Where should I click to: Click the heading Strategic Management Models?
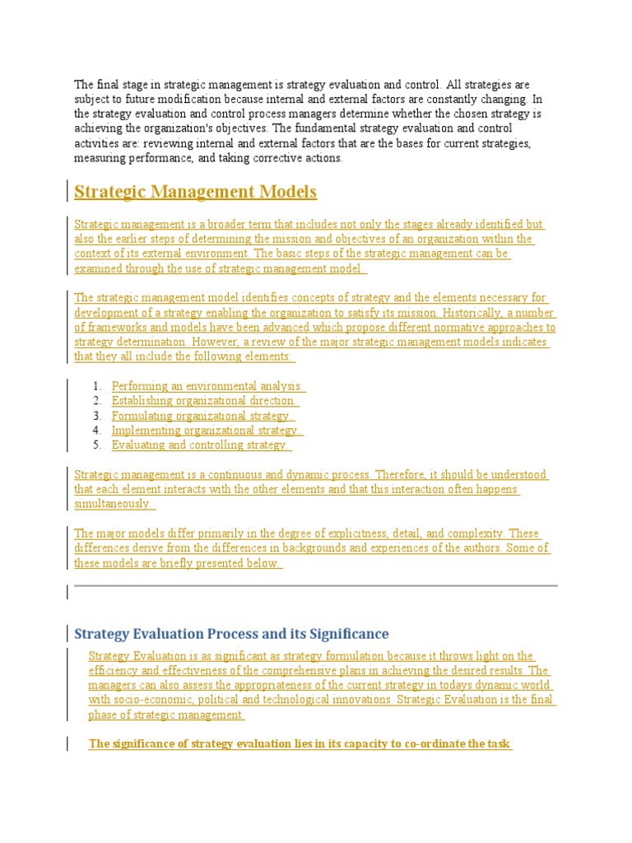tap(195, 192)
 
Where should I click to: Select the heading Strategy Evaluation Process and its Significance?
tap(231, 634)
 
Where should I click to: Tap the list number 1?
tap(96, 386)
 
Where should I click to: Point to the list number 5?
tap(96, 445)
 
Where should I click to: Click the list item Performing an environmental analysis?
tap(208, 386)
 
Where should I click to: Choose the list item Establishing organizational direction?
tap(204, 401)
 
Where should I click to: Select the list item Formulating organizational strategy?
tap(202, 416)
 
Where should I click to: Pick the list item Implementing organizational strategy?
tap(207, 431)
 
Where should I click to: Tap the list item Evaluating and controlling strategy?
tap(201, 445)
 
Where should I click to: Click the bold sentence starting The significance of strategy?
tap(300, 744)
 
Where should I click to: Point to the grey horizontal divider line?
tap(316, 586)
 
